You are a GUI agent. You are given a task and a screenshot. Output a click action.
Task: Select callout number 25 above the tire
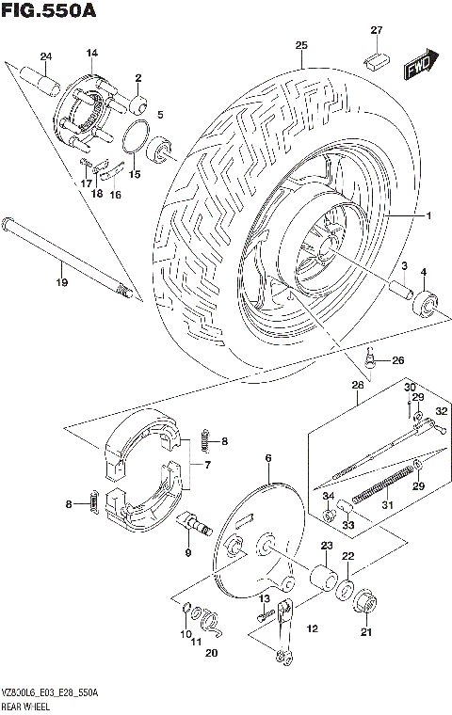tap(301, 45)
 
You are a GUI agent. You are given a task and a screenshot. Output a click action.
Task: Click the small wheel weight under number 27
tap(375, 59)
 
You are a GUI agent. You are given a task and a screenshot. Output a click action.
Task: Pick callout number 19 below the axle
tap(62, 282)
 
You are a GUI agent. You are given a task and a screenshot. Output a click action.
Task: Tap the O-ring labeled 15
tap(136, 137)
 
